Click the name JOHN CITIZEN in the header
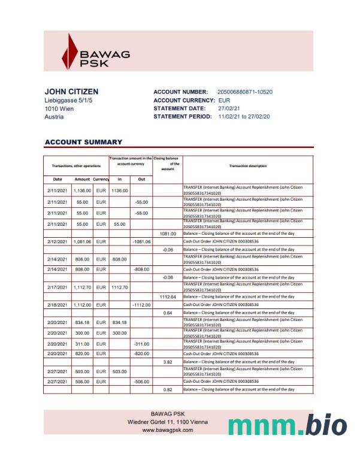coord(72,92)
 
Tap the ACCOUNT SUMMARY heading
coord(84,142)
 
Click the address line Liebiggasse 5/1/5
coord(69,101)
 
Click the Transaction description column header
coord(247,166)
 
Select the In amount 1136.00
coord(120,190)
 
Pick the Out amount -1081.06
coord(141,241)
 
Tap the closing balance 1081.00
coord(168,234)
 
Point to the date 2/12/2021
coord(57,241)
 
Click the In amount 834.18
coord(119,322)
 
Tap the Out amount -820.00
coord(141,354)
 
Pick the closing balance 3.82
coord(168,362)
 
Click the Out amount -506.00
coord(141,381)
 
